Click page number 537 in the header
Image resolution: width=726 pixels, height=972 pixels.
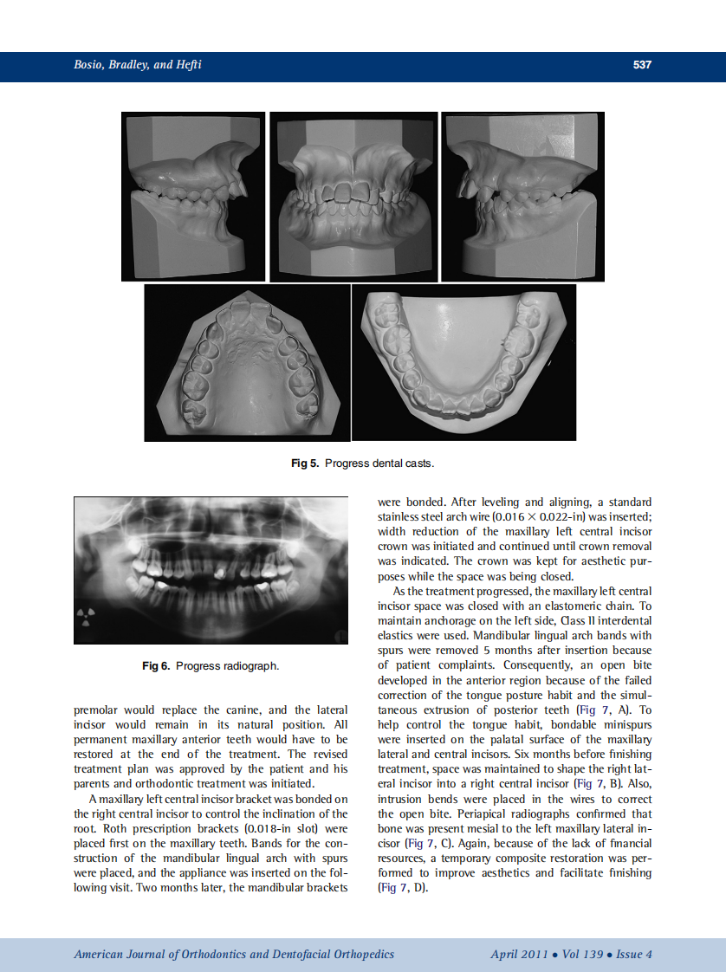coord(641,65)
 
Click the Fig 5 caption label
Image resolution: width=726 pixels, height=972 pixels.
coord(307,463)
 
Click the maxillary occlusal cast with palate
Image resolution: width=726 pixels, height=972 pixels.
coord(247,363)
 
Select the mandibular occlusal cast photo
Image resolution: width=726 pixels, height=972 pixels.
coord(463,363)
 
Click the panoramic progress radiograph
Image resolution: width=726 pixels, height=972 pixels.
coord(212,570)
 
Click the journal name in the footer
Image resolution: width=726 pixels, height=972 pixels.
coord(234,954)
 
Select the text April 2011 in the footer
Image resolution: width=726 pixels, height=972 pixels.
coord(518,954)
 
